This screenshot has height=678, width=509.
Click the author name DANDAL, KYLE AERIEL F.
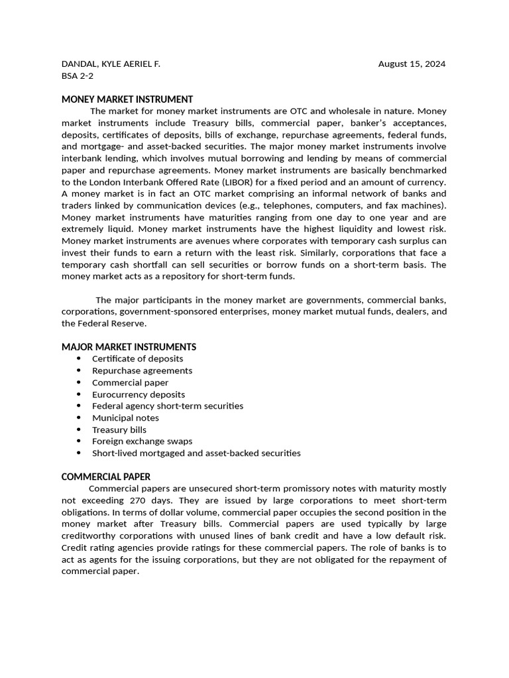click(x=111, y=64)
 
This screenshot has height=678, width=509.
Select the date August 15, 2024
click(x=412, y=64)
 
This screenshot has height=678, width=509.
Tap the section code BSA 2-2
click(x=78, y=76)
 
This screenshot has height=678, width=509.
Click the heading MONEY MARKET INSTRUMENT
click(x=127, y=99)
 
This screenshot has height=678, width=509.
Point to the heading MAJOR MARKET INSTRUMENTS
click(x=129, y=347)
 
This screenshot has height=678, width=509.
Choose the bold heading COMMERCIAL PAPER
click(x=106, y=477)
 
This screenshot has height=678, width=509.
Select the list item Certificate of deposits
click(x=137, y=359)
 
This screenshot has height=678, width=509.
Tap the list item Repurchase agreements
click(x=142, y=371)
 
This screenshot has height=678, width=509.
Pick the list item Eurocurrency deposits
click(x=139, y=395)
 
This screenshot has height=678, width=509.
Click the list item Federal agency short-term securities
click(x=168, y=406)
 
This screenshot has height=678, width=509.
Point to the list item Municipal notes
click(x=125, y=418)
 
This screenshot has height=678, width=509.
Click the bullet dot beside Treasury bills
click(x=78, y=430)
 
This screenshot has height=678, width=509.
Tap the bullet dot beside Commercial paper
click(x=78, y=383)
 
